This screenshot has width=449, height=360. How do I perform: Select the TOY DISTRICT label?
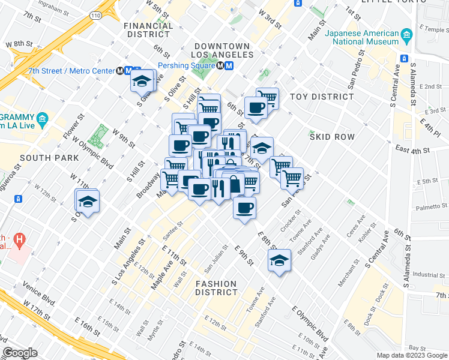click(x=322, y=97)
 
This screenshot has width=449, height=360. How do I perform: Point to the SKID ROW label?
click(x=332, y=137)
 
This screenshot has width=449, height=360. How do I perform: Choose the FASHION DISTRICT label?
click(x=216, y=288)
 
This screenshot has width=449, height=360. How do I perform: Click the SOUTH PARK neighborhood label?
click(x=49, y=158)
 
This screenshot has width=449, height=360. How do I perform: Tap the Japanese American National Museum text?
click(x=362, y=37)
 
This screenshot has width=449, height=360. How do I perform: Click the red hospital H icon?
click(x=20, y=241)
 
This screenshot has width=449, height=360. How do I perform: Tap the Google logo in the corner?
click(x=20, y=353)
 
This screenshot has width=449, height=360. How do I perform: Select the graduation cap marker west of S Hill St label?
click(x=88, y=201)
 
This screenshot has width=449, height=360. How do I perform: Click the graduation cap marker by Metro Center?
click(x=142, y=82)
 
